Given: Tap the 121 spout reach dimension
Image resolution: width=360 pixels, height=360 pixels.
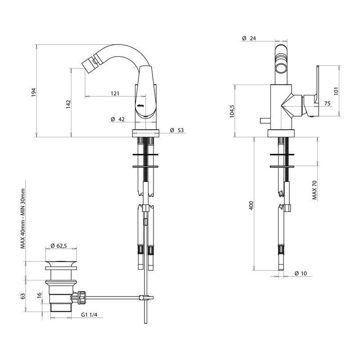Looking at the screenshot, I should pos(115,94).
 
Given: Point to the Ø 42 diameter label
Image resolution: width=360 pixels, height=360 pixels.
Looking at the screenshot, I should pos(118,120).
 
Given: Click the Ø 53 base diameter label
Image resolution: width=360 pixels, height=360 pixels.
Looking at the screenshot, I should pos(177,130).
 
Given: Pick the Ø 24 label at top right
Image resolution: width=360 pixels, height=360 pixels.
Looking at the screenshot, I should pos(249,39).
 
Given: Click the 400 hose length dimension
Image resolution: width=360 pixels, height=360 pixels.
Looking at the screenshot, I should pos(251,206).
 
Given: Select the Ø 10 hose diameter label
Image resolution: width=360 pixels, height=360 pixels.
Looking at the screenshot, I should pos(301,274).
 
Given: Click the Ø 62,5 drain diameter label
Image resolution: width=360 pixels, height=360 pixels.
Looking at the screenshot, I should pos(59,246).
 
